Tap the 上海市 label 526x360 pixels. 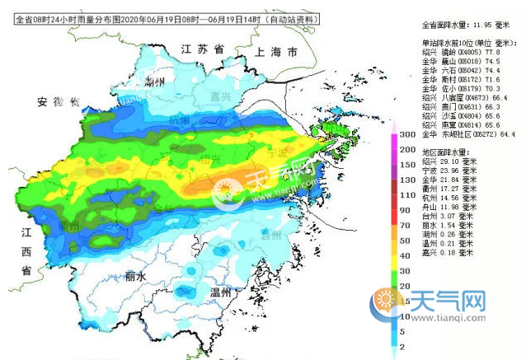(x=277, y=52)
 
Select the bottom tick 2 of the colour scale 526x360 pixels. (x=408, y=348)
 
